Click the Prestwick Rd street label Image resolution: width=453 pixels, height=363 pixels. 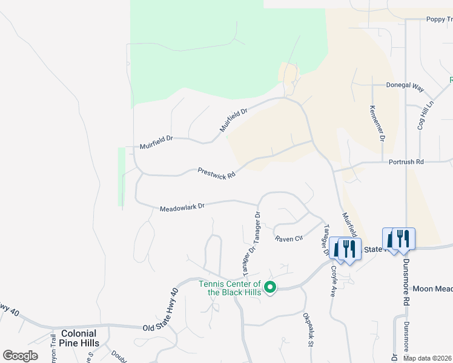216,174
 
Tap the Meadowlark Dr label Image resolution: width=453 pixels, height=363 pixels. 182,207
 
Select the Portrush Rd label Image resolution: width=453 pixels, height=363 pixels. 406,162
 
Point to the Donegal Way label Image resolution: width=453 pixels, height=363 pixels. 405,86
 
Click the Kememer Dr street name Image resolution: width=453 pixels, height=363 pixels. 375,123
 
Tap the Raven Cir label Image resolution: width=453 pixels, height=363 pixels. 288,239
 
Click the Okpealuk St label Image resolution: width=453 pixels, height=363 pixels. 307,330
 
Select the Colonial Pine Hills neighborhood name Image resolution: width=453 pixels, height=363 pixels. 79,338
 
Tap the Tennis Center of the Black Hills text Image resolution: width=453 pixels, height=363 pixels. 230,288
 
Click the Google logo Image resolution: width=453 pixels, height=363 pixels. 20,356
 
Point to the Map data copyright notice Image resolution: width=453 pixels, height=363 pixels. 428,358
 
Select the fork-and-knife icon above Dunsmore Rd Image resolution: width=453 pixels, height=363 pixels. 402,238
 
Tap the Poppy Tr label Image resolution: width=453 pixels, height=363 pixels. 439,19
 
